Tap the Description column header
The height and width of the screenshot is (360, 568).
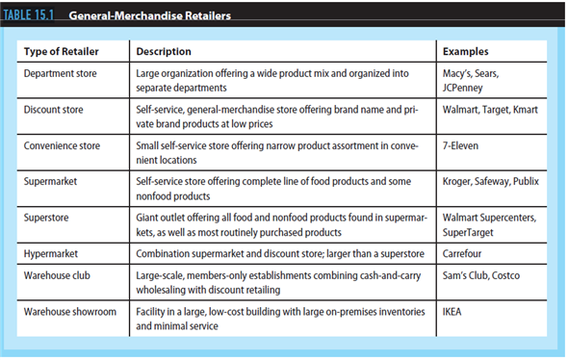pyautogui.click(x=164, y=51)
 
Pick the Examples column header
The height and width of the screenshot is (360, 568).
pyautogui.click(x=465, y=51)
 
